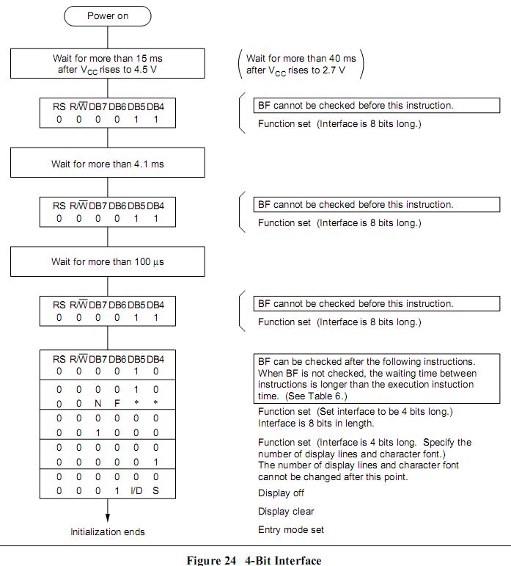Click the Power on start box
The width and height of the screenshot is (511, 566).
click(107, 15)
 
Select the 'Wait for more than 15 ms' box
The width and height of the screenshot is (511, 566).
click(107, 64)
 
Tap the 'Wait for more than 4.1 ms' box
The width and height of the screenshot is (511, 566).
click(107, 163)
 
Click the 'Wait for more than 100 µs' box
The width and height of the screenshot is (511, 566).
click(107, 262)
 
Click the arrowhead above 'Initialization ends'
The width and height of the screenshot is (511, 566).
click(108, 518)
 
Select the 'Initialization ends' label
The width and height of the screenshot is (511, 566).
click(108, 531)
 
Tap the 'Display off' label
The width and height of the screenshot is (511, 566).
click(281, 493)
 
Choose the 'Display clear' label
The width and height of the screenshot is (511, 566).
click(286, 512)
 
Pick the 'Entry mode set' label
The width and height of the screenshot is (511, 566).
click(291, 530)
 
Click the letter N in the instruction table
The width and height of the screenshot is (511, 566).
click(98, 404)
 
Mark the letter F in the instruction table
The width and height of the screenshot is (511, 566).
click(117, 404)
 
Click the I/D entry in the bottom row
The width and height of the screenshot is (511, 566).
click(136, 490)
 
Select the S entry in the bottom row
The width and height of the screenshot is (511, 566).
click(155, 490)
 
